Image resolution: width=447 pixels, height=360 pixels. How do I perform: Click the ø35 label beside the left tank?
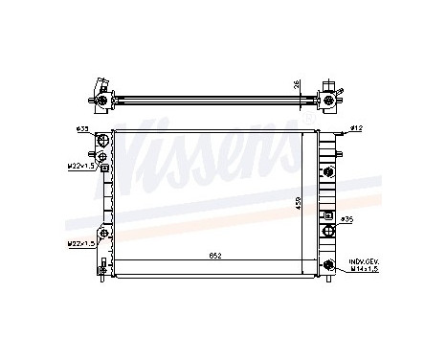tap(82, 129)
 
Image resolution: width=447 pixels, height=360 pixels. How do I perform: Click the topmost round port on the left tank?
tap(102, 140)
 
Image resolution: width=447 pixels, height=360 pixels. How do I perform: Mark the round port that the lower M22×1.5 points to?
tap(102, 235)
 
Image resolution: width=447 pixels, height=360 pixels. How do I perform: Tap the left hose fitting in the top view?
tap(100, 94)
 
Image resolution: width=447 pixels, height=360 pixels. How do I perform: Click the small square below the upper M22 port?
tap(103, 168)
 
